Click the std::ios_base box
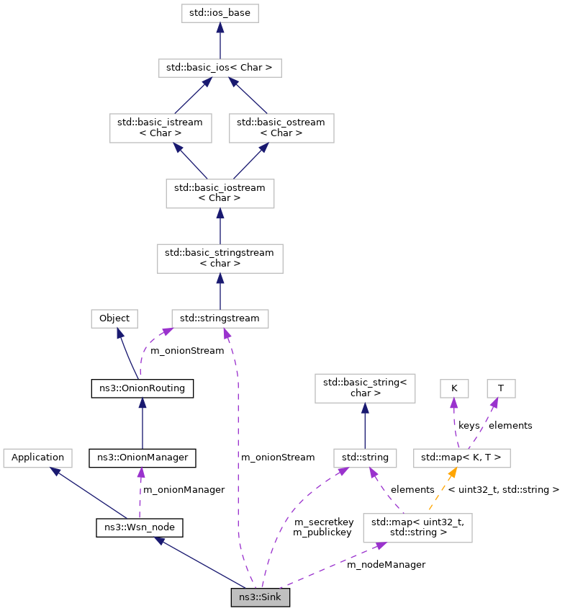click(220, 13)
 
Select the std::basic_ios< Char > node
click(220, 68)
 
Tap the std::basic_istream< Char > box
click(161, 128)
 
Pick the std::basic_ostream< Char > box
click(281, 128)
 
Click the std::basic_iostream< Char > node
click(220, 192)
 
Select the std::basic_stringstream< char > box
click(220, 257)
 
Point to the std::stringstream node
click(220, 318)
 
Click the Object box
click(114, 318)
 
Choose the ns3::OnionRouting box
click(143, 388)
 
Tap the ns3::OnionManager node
click(143, 457)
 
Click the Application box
click(37, 457)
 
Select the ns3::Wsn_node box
click(140, 527)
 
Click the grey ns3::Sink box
click(261, 597)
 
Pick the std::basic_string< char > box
click(365, 388)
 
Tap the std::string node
click(365, 457)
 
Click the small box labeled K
click(454, 388)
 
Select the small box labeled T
click(501, 388)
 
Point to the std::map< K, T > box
click(462, 457)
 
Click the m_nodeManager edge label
click(386, 564)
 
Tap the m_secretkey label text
click(323, 521)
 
